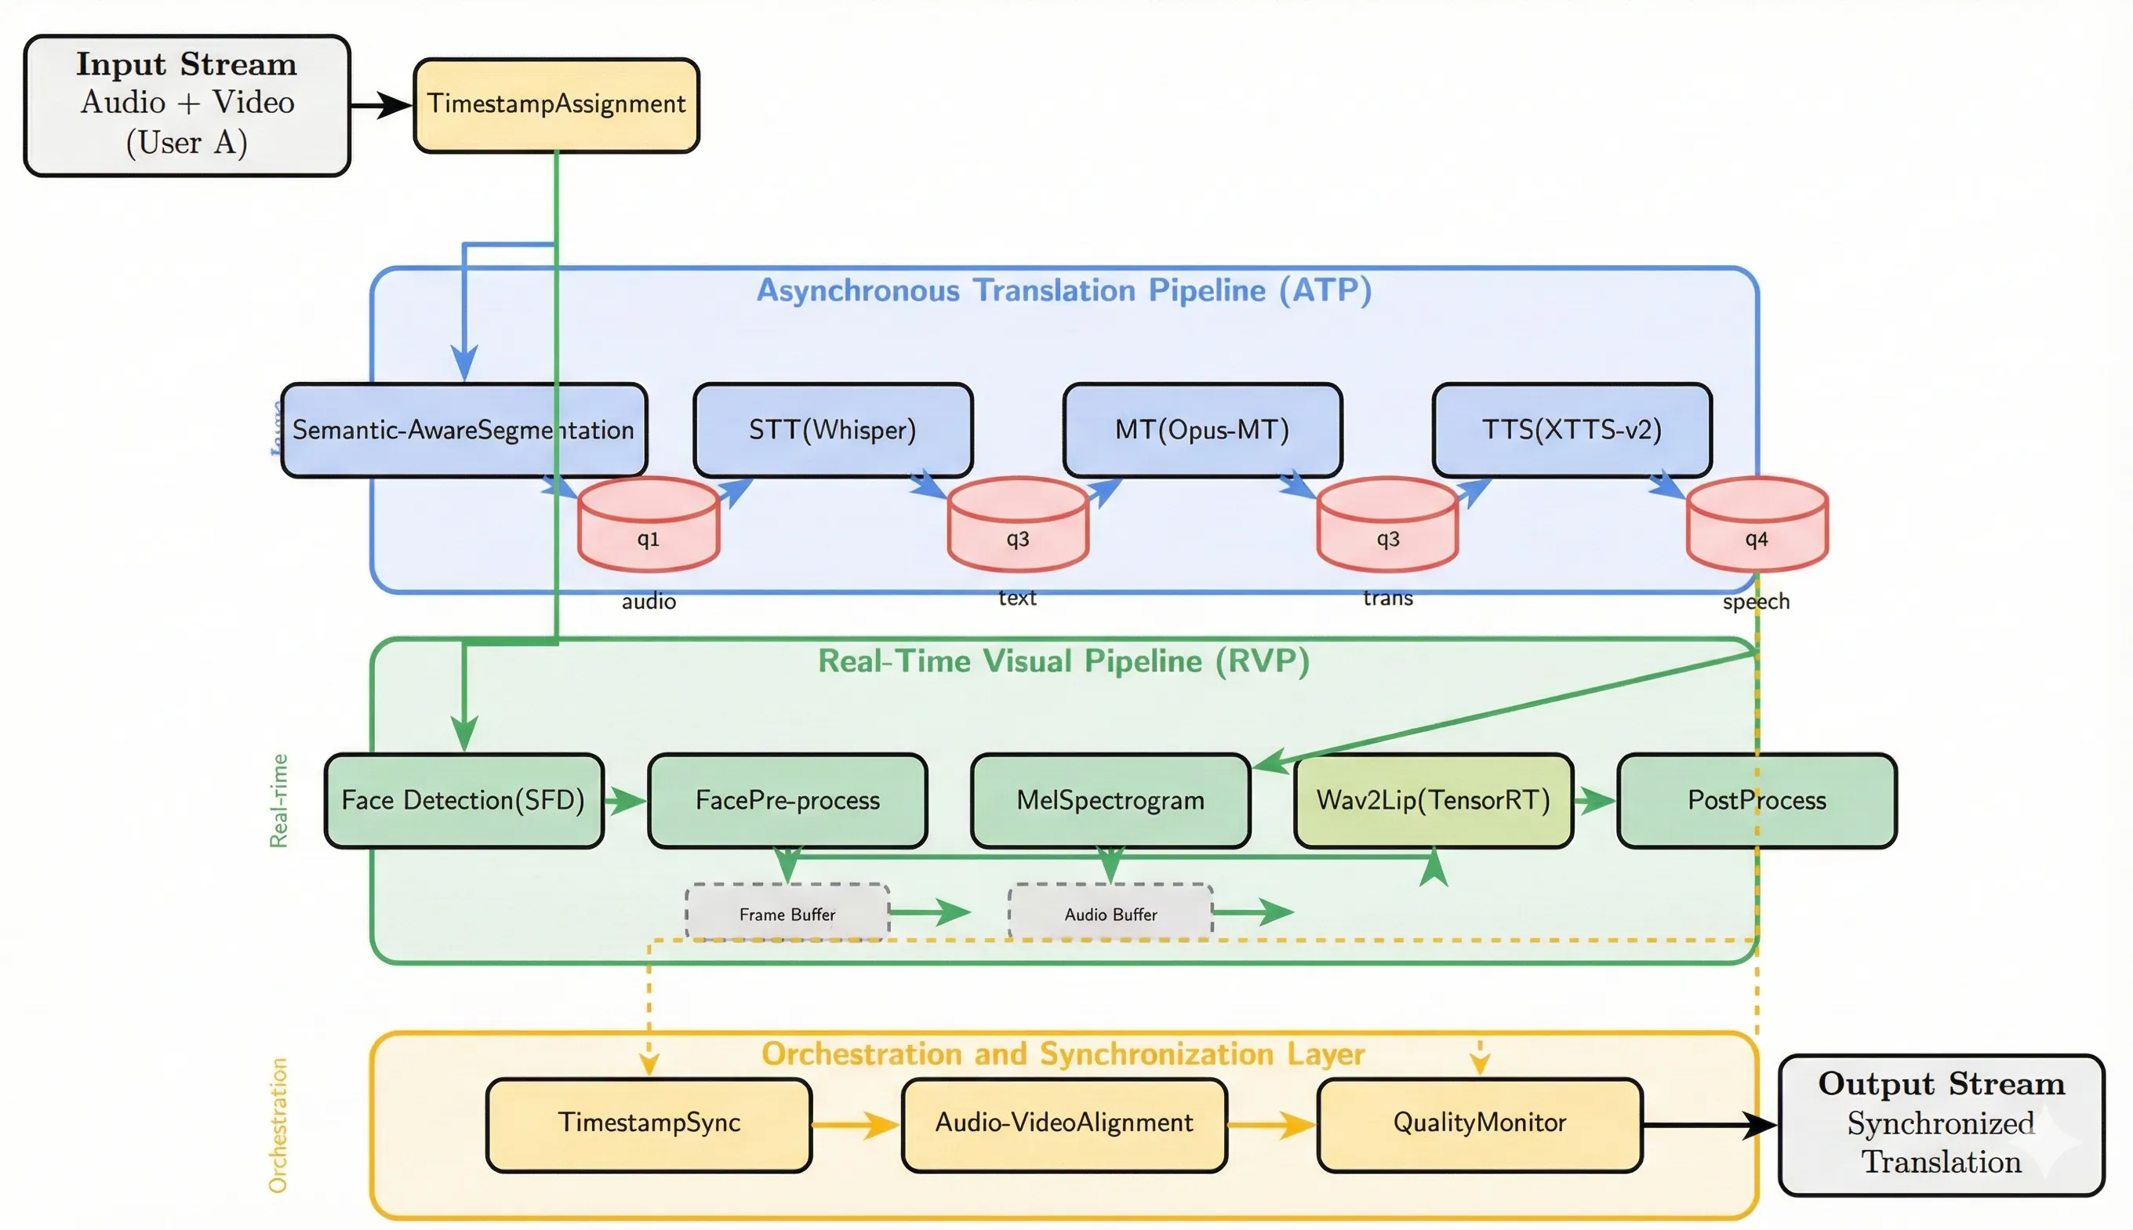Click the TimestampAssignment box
[556, 105]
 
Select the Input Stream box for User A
[187, 105]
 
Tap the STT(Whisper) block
[833, 429]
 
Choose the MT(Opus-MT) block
[1201, 429]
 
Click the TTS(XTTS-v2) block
[1572, 429]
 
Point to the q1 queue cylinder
[649, 526]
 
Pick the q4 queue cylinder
[1757, 526]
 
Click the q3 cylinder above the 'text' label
[1018, 526]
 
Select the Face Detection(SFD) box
[463, 800]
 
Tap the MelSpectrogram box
[1110, 800]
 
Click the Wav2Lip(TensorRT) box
[1433, 800]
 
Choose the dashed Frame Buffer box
[787, 913]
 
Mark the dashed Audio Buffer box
[1110, 913]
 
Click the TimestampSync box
[649, 1123]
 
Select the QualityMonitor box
[1480, 1123]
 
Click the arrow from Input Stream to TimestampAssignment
[381, 106]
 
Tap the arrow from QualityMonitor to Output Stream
[1710, 1124]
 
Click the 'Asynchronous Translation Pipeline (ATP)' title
[1063, 290]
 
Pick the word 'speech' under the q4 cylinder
[1756, 602]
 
